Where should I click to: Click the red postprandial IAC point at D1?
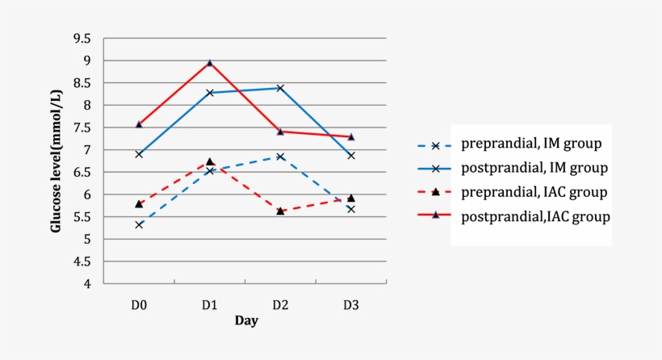(x=210, y=62)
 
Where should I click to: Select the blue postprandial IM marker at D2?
(x=280, y=88)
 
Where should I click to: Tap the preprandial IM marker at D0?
(x=139, y=224)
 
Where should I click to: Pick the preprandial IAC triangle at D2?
(x=280, y=211)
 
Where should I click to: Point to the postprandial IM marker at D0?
(x=139, y=153)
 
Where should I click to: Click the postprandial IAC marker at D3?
(x=350, y=136)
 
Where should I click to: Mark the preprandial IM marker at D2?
(x=280, y=157)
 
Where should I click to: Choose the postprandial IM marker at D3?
(x=350, y=155)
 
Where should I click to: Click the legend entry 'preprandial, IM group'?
(x=533, y=145)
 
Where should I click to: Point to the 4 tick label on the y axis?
(x=86, y=284)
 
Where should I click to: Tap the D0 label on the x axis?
(x=139, y=304)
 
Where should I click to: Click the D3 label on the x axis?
(x=350, y=304)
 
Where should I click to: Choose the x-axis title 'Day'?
(x=246, y=320)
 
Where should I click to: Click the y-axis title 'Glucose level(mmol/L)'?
(x=57, y=161)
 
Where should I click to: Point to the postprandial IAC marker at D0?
(x=139, y=124)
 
